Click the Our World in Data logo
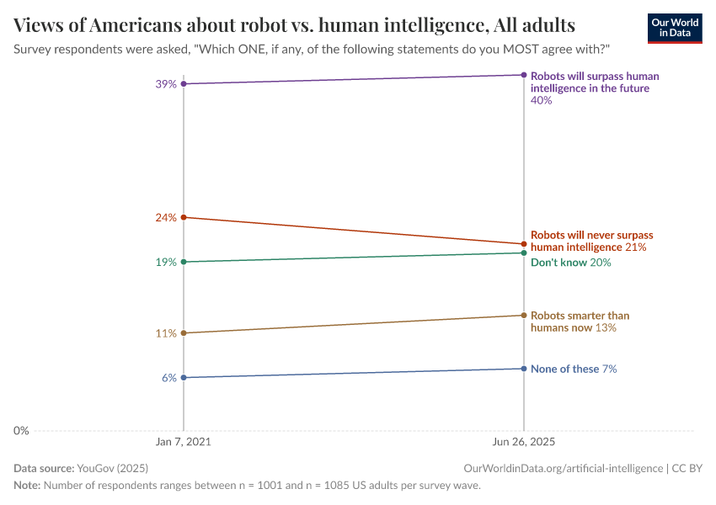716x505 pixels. click(675, 28)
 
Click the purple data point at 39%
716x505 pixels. click(184, 84)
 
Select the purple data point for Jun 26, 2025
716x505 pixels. click(524, 75)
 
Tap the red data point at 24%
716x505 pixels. click(184, 217)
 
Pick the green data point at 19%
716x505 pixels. click(184, 262)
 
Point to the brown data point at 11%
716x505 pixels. click(184, 333)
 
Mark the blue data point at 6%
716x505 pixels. click(184, 378)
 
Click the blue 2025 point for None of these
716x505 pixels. click(524, 369)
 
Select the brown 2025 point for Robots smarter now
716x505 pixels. click(524, 316)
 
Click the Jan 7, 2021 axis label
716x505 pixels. click(184, 442)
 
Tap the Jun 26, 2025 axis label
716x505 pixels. click(524, 442)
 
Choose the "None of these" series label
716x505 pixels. click(564, 369)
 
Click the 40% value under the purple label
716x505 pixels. click(541, 100)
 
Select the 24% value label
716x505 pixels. click(166, 217)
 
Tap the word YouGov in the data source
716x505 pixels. click(94, 468)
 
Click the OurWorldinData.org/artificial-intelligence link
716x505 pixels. click(563, 468)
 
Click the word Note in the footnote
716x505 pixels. click(26, 486)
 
